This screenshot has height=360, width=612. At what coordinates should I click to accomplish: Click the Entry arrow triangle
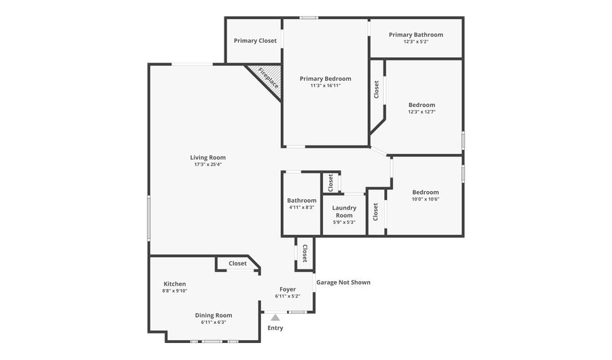coord(275,318)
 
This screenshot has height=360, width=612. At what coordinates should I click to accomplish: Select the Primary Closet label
coord(255,41)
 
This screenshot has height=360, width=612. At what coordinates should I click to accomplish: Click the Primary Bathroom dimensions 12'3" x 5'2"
coord(416,42)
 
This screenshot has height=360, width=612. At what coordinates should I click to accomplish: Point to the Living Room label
coord(208,158)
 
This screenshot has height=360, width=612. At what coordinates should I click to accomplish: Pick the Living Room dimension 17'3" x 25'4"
coord(208,165)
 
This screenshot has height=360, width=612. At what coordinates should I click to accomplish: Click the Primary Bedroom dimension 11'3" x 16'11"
coord(326,86)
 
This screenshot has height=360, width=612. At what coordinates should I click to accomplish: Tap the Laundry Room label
coord(344,212)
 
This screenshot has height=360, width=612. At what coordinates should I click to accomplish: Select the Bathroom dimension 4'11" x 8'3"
coord(302,208)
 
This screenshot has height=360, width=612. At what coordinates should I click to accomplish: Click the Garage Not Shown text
coord(343,282)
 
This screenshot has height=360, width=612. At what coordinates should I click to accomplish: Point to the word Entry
coord(275,328)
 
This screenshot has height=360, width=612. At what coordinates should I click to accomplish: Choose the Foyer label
coord(288,289)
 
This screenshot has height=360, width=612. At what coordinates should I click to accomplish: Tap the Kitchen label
coord(175,284)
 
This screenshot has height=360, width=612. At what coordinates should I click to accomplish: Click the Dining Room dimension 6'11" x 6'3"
coord(214,322)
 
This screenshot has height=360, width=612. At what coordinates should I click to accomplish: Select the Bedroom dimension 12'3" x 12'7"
coord(422,112)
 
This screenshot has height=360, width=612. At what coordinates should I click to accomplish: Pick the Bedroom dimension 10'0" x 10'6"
coord(426,199)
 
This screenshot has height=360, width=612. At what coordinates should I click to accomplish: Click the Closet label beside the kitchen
coord(238,263)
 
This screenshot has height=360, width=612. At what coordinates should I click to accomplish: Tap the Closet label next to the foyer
coord(305,253)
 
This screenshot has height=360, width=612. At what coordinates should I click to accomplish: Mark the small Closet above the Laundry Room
coord(330,183)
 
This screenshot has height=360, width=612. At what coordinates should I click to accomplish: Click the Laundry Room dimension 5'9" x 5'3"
coord(344,222)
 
